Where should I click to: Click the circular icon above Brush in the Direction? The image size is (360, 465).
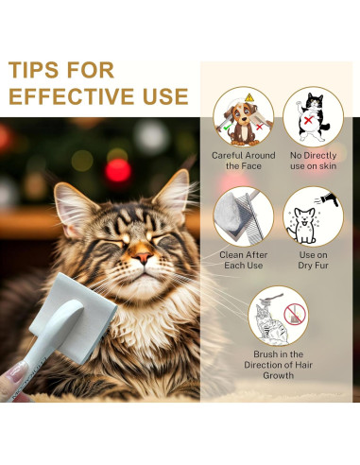(x=277, y=316)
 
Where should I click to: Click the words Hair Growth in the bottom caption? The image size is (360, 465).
(x=277, y=374)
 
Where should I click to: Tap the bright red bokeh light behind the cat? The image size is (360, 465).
(x=118, y=170)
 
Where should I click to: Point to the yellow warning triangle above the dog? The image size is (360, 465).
(x=249, y=97)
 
